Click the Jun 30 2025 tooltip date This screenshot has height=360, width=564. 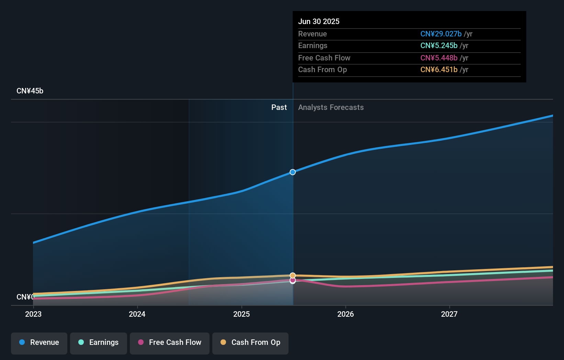pyautogui.click(x=318, y=21)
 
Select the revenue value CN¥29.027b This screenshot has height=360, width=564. pyautogui.click(x=441, y=34)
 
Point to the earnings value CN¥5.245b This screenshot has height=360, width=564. pyautogui.click(x=439, y=45)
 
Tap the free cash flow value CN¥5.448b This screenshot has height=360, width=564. pyautogui.click(x=439, y=58)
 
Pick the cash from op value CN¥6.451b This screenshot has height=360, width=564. pyautogui.click(x=439, y=69)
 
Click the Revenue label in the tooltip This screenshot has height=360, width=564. pyautogui.click(x=312, y=34)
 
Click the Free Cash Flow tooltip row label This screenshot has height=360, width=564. pyautogui.click(x=324, y=58)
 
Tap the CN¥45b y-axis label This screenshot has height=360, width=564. pyautogui.click(x=30, y=91)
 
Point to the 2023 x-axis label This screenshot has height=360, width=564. pyautogui.click(x=33, y=314)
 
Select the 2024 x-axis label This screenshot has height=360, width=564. pyautogui.click(x=137, y=314)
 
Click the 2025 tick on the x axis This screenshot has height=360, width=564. pyautogui.click(x=241, y=314)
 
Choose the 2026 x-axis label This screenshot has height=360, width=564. pyautogui.click(x=346, y=314)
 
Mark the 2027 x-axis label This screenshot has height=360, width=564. pyautogui.click(x=449, y=314)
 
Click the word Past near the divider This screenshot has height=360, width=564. pyautogui.click(x=279, y=107)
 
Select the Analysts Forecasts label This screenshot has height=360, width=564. pyautogui.click(x=331, y=107)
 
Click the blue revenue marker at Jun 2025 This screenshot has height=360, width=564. pyautogui.click(x=293, y=172)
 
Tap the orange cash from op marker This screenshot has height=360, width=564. pyautogui.click(x=293, y=275)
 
